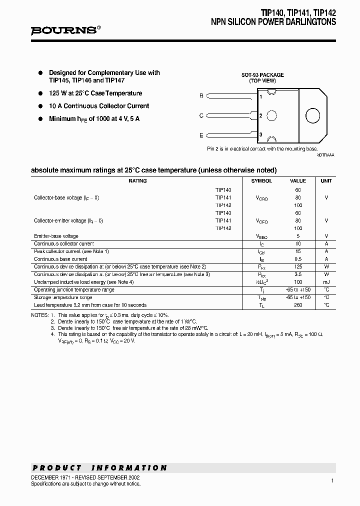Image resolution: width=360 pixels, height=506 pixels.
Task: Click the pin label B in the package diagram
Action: [x=201, y=95]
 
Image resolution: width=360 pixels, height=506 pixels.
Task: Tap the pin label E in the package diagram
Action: [x=201, y=135]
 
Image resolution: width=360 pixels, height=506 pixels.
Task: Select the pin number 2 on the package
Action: [x=261, y=115]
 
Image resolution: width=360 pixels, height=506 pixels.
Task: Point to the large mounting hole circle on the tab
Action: [x=313, y=115]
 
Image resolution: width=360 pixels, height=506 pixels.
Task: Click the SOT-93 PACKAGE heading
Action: [x=262, y=75]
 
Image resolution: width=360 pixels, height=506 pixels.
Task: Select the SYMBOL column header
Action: [x=261, y=181]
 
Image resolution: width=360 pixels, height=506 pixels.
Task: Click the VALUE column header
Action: [x=298, y=181]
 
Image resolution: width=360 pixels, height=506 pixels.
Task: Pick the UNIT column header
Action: [x=326, y=181]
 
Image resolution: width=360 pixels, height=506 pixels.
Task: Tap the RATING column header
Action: [x=137, y=181]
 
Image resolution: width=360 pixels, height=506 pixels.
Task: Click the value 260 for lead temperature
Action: [x=298, y=305]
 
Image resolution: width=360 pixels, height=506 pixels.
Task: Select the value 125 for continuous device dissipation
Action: [x=298, y=267]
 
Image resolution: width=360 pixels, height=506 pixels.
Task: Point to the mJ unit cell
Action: [x=326, y=282]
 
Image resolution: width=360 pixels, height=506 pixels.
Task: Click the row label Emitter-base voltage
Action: [x=56, y=236]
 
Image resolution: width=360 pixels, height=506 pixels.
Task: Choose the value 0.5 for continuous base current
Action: [x=298, y=259]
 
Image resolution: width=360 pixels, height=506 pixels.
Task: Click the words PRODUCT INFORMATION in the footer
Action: [x=99, y=468]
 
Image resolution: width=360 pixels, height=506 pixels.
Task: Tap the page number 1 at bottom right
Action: [x=332, y=480]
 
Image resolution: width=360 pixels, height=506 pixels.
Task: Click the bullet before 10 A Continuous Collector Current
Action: [x=40, y=106]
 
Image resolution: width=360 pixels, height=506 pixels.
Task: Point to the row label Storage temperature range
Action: [x=62, y=297]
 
